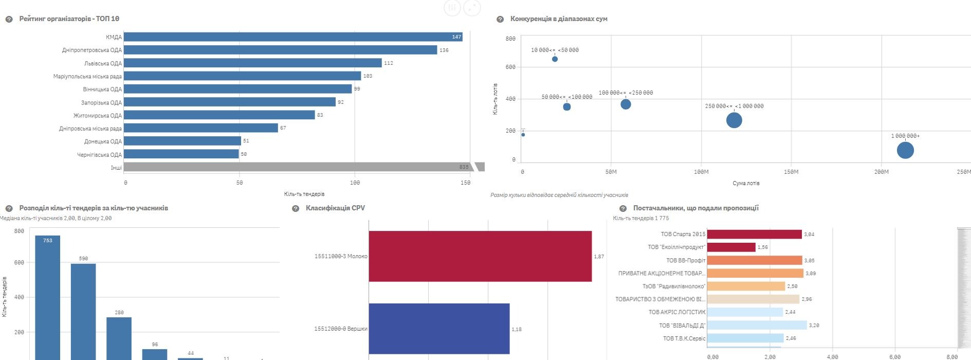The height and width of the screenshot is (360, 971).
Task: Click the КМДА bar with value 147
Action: pos(293,37)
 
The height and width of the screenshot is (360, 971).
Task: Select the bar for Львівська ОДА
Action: pos(252,63)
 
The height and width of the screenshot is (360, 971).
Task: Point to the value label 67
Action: pos(283,128)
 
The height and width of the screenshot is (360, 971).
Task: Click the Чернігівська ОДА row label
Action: pos(99,155)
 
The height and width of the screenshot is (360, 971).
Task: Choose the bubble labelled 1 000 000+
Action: pos(905,150)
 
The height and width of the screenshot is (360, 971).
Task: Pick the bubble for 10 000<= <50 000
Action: pos(555,59)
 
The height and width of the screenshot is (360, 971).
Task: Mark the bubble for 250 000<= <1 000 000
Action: pos(734,120)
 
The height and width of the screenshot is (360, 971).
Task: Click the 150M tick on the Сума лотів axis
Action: pos(791,172)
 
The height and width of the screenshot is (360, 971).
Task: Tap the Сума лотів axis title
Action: pos(746,183)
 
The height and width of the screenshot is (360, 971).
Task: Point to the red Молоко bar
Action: pos(480,256)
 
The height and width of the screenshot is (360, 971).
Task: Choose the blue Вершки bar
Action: pos(439,329)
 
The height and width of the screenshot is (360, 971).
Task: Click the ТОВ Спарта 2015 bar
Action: pos(754,235)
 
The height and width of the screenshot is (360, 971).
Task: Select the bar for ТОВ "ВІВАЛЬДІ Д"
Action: pos(757,325)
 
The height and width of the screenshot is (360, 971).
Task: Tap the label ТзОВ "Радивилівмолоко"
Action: pos(673,286)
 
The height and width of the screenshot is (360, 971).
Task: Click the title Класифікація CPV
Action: pos(335,208)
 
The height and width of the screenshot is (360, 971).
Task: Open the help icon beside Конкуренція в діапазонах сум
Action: pos(500,19)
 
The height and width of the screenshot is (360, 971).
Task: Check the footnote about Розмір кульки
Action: pos(559,195)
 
